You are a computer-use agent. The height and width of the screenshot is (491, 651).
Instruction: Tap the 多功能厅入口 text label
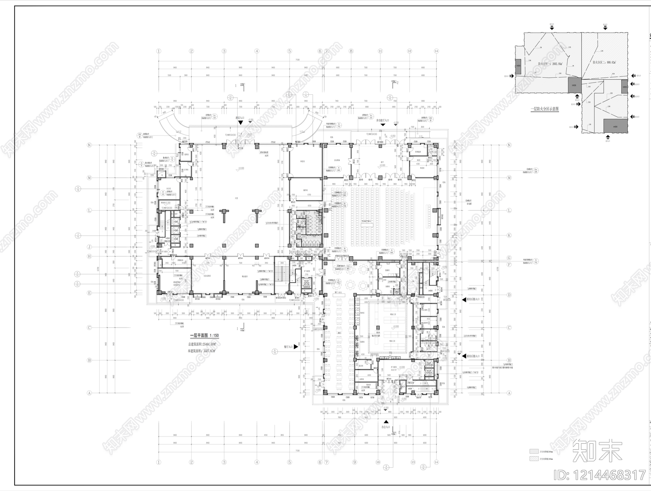382,121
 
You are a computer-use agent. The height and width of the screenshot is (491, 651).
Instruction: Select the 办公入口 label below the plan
384,428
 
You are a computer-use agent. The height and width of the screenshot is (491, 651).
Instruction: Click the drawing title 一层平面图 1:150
205,336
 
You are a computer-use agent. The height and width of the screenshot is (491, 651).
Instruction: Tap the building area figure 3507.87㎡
202,351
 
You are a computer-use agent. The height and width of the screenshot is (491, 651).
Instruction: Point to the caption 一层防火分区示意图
545,109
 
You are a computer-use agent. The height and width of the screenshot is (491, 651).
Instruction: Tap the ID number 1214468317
601,475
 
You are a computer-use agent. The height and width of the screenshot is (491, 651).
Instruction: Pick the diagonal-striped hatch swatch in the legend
533,459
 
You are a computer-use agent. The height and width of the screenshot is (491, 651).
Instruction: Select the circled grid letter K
509,236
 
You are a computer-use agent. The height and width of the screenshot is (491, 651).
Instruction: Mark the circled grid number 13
413,462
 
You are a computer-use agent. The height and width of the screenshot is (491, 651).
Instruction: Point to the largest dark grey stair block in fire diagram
614,127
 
